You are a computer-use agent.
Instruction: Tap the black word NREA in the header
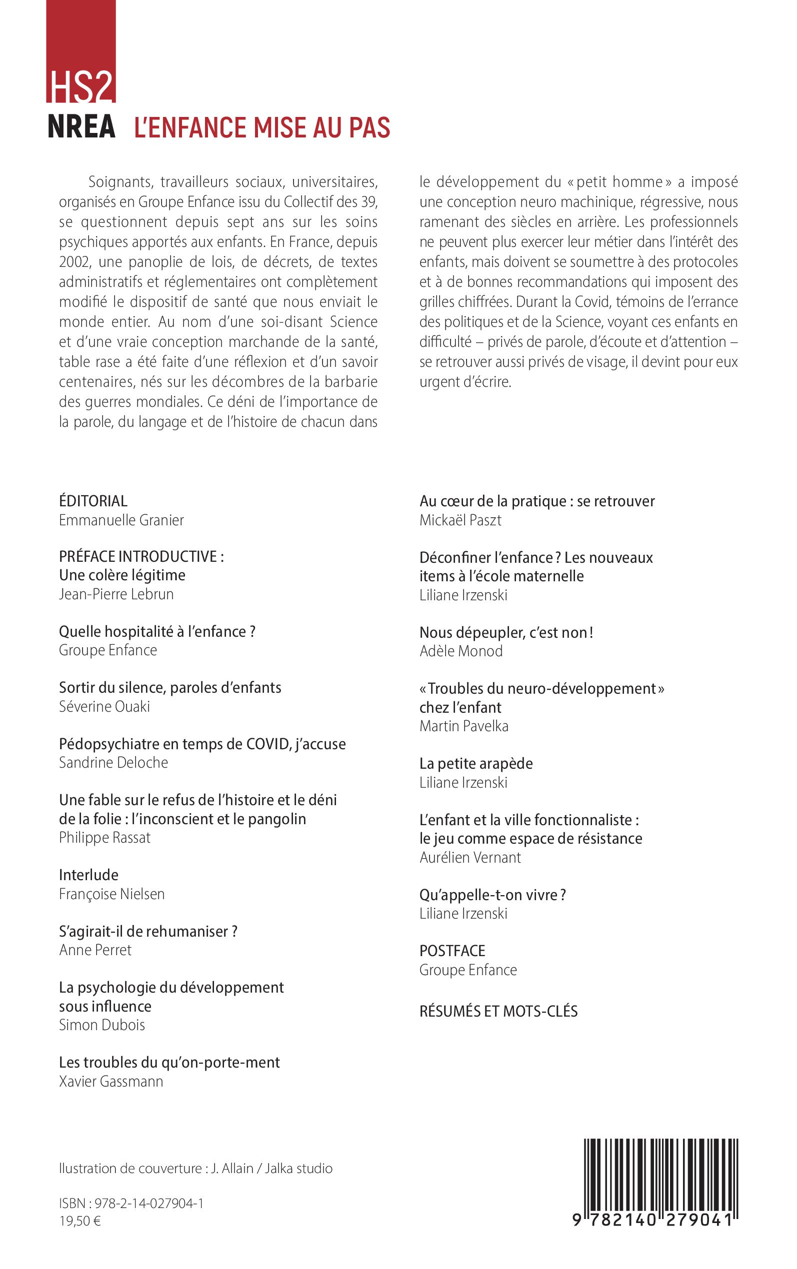[81, 128]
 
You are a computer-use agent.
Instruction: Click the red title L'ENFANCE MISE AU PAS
[262, 128]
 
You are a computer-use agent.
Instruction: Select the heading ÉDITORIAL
[93, 501]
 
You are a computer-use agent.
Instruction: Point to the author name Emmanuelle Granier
[121, 520]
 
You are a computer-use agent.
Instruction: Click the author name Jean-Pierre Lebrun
[116, 594]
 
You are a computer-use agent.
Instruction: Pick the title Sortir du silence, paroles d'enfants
[169, 687]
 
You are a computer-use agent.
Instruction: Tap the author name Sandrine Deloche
[113, 762]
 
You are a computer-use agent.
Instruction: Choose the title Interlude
[88, 875]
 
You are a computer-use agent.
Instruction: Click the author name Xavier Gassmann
[110, 1082]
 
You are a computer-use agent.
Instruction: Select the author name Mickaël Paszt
[460, 520]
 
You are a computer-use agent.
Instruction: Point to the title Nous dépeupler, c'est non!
[506, 632]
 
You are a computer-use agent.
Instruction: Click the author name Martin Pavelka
[464, 726]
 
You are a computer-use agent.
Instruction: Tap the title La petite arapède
[476, 763]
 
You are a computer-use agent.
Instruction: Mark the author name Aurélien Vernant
[469, 857]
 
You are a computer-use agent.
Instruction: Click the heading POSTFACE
[452, 951]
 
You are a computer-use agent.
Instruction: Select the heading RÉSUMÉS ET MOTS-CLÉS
[498, 1011]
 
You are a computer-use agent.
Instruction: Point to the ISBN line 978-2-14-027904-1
[131, 1203]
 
